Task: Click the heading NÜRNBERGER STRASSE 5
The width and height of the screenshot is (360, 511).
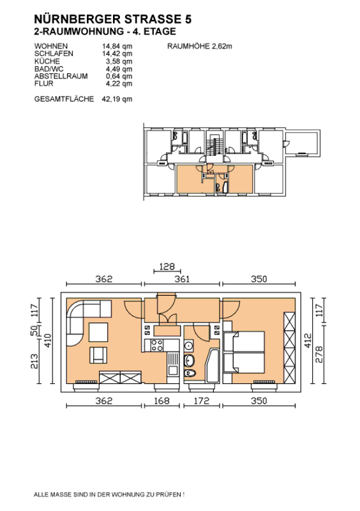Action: coord(113,19)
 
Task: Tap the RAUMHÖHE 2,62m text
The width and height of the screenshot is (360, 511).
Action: coord(200,46)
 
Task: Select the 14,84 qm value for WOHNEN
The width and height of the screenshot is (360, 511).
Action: coord(117,46)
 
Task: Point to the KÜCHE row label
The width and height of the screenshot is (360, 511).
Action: coord(47,61)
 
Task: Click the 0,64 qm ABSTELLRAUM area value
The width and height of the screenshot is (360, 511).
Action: coord(119,76)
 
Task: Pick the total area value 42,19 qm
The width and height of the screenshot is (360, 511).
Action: coord(117,99)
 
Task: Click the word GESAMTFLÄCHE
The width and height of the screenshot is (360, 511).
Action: coord(64,99)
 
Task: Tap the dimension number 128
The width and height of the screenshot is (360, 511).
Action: coord(167,266)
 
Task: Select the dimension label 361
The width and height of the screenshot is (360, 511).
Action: coord(182,279)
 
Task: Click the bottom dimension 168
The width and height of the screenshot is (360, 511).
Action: coord(161,400)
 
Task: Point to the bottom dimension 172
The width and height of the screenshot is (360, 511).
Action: coord(201,400)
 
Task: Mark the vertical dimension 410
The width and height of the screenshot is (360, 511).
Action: coord(48,340)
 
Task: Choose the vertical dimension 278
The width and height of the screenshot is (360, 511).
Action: coord(319,355)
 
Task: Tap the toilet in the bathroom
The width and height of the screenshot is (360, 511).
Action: coord(190,373)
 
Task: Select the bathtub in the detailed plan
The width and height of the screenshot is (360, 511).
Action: coord(213,365)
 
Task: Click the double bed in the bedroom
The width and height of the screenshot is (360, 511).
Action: coord(244,353)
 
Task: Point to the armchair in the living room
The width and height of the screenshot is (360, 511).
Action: coord(98,355)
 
